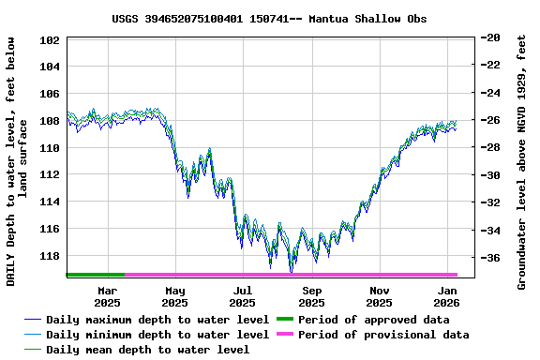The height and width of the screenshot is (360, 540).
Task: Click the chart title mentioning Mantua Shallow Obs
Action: pos(269,18)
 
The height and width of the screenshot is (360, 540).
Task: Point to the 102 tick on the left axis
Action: pos(51,40)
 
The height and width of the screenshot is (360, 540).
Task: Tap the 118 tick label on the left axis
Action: pos(51,255)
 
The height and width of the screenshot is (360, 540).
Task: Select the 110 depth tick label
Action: pos(51,148)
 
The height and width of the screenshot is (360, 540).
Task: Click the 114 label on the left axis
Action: pos(51,202)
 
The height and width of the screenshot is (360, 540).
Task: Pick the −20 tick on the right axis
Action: pos(488,37)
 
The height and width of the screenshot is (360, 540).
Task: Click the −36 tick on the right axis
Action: pos(488,258)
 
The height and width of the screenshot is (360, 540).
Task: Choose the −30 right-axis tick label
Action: pos(488,175)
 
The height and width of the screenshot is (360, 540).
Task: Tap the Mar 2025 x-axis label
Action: pos(107,296)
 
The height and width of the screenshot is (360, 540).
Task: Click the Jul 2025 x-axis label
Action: pos(242,296)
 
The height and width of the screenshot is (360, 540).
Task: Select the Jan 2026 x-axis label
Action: pos(446,296)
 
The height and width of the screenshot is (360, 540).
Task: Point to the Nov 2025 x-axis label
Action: pos(379,296)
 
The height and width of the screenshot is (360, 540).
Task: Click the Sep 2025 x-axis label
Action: pos(311,296)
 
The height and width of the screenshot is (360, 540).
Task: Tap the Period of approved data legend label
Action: pos(373,320)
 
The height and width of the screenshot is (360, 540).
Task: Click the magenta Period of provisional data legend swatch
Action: pos(284,335)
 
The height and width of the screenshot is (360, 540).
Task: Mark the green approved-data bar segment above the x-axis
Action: pos(96,275)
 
